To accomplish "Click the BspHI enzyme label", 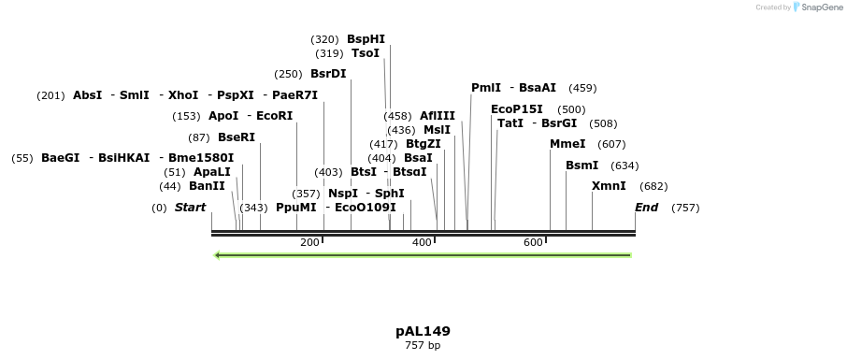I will point(366,39).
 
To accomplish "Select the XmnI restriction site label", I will point(609,186).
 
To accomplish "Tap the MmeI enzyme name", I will point(567,144).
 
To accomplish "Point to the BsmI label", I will point(581,166).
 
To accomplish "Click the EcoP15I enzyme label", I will point(517,109).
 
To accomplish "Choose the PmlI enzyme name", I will point(486,88).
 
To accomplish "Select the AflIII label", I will point(438,116).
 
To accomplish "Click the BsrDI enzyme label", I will point(328,74).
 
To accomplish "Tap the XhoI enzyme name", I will point(183,95).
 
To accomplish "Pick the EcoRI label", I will point(274,116).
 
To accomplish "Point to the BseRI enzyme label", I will point(236,137).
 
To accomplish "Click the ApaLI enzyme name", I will point(211,172).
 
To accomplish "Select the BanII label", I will point(207,186).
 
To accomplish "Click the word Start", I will point(190,208).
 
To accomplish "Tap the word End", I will point(646,208).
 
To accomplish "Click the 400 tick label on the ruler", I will point(422,243).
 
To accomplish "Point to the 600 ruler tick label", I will point(533,243).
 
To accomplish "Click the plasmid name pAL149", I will point(423,331).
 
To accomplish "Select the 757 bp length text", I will point(423,346).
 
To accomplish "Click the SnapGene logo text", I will point(819,7).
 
